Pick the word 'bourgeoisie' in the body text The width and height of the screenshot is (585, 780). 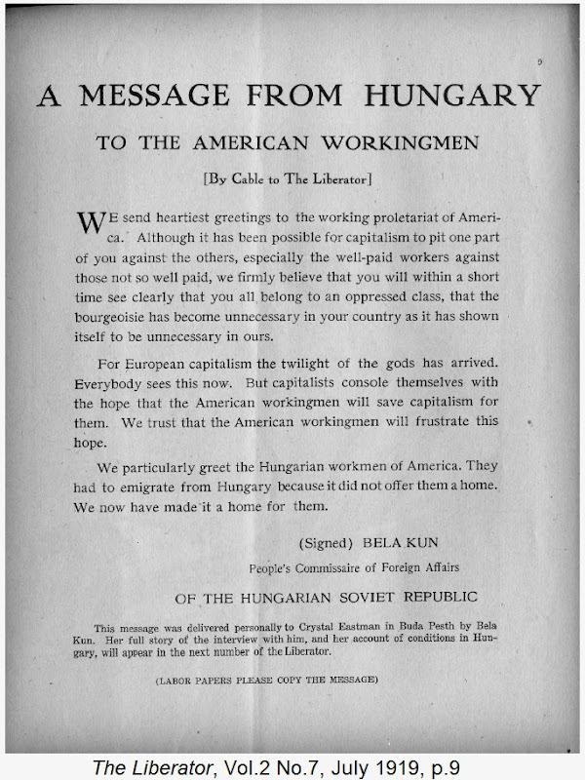click(x=117, y=317)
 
